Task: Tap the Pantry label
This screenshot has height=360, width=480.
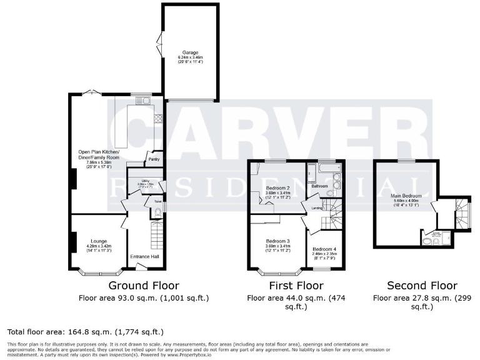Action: click(x=152, y=159)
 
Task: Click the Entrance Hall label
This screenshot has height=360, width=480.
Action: click(x=142, y=256)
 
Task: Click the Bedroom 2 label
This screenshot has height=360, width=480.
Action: click(x=277, y=187)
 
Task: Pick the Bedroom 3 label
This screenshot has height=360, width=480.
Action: click(x=277, y=241)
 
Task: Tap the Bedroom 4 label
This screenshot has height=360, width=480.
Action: click(x=324, y=249)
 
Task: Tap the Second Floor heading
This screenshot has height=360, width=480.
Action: click(x=422, y=286)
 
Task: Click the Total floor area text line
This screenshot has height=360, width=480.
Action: click(x=86, y=331)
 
